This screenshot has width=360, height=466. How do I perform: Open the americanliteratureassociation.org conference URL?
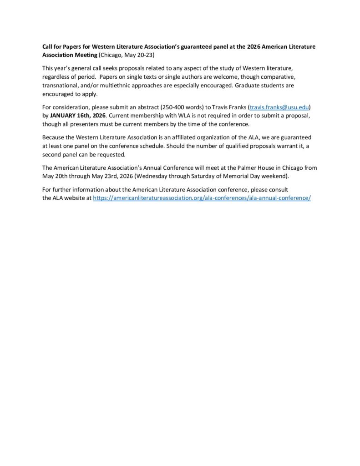(x=202, y=198)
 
